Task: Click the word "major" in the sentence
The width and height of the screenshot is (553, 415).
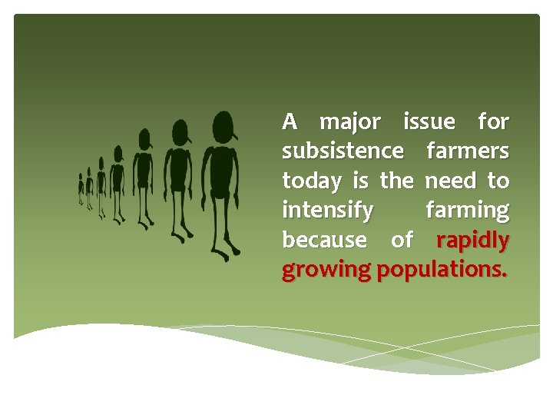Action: point(349,122)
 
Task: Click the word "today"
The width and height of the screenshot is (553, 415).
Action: point(313,181)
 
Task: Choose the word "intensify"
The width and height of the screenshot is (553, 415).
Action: point(328,211)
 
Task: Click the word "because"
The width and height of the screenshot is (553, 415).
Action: point(324,240)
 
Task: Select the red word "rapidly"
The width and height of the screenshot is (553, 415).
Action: point(472,241)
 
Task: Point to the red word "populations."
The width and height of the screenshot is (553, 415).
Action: point(442,271)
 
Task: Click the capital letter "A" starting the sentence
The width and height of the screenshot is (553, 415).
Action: point(290,121)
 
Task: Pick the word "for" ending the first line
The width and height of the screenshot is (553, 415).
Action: point(492,121)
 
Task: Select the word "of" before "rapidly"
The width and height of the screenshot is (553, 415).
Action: point(402,240)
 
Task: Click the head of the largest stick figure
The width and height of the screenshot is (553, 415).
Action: point(224,124)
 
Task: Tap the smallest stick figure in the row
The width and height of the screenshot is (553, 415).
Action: point(81,188)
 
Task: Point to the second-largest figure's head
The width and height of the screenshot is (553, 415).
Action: point(180,131)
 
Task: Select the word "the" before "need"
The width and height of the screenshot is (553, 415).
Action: point(396,181)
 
